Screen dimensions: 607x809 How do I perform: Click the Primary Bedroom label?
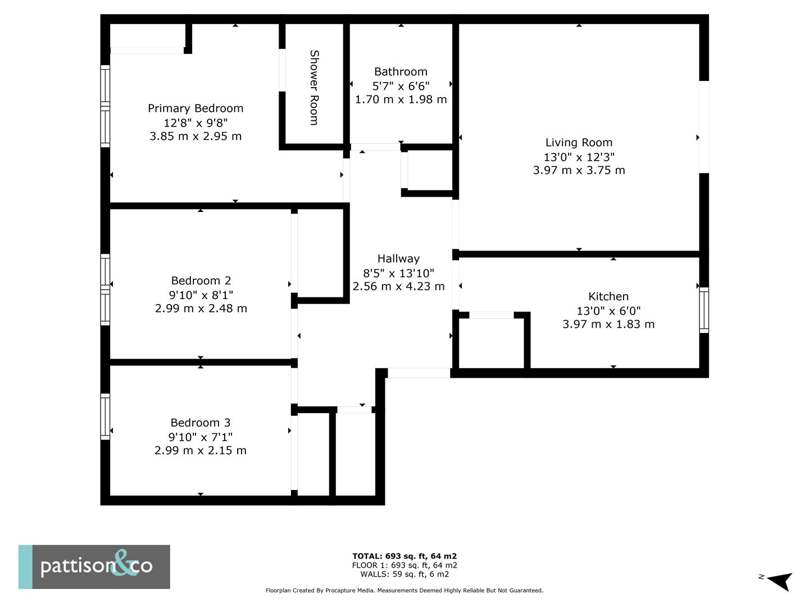click(196, 108)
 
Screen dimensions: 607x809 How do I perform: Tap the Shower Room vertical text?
click(315, 88)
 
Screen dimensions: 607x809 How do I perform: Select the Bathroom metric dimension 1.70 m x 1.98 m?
click(401, 99)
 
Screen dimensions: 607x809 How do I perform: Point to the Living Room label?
click(579, 143)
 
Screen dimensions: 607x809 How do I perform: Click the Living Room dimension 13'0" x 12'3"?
click(579, 157)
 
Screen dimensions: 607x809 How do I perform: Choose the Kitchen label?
click(608, 296)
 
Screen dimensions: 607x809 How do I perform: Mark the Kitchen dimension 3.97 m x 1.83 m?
click(608, 324)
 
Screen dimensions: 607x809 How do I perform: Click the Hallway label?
click(398, 259)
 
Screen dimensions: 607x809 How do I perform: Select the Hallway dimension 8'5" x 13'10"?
click(398, 273)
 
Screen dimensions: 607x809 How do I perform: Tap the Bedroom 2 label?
click(201, 280)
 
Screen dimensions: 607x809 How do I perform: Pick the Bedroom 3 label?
click(200, 423)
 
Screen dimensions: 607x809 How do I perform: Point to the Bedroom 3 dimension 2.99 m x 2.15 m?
click(200, 451)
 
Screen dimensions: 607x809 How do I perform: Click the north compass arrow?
click(779, 581)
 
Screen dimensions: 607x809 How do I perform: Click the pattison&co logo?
click(94, 567)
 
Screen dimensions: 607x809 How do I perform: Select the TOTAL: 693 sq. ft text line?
click(404, 556)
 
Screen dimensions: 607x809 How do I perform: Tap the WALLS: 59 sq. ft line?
click(404, 574)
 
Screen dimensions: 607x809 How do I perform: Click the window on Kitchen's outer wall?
click(703, 310)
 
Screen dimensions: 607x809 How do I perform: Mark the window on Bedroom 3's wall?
click(105, 416)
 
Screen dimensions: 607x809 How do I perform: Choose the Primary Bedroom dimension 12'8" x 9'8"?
click(196, 123)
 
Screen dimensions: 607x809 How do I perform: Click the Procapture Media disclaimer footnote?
click(404, 591)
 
